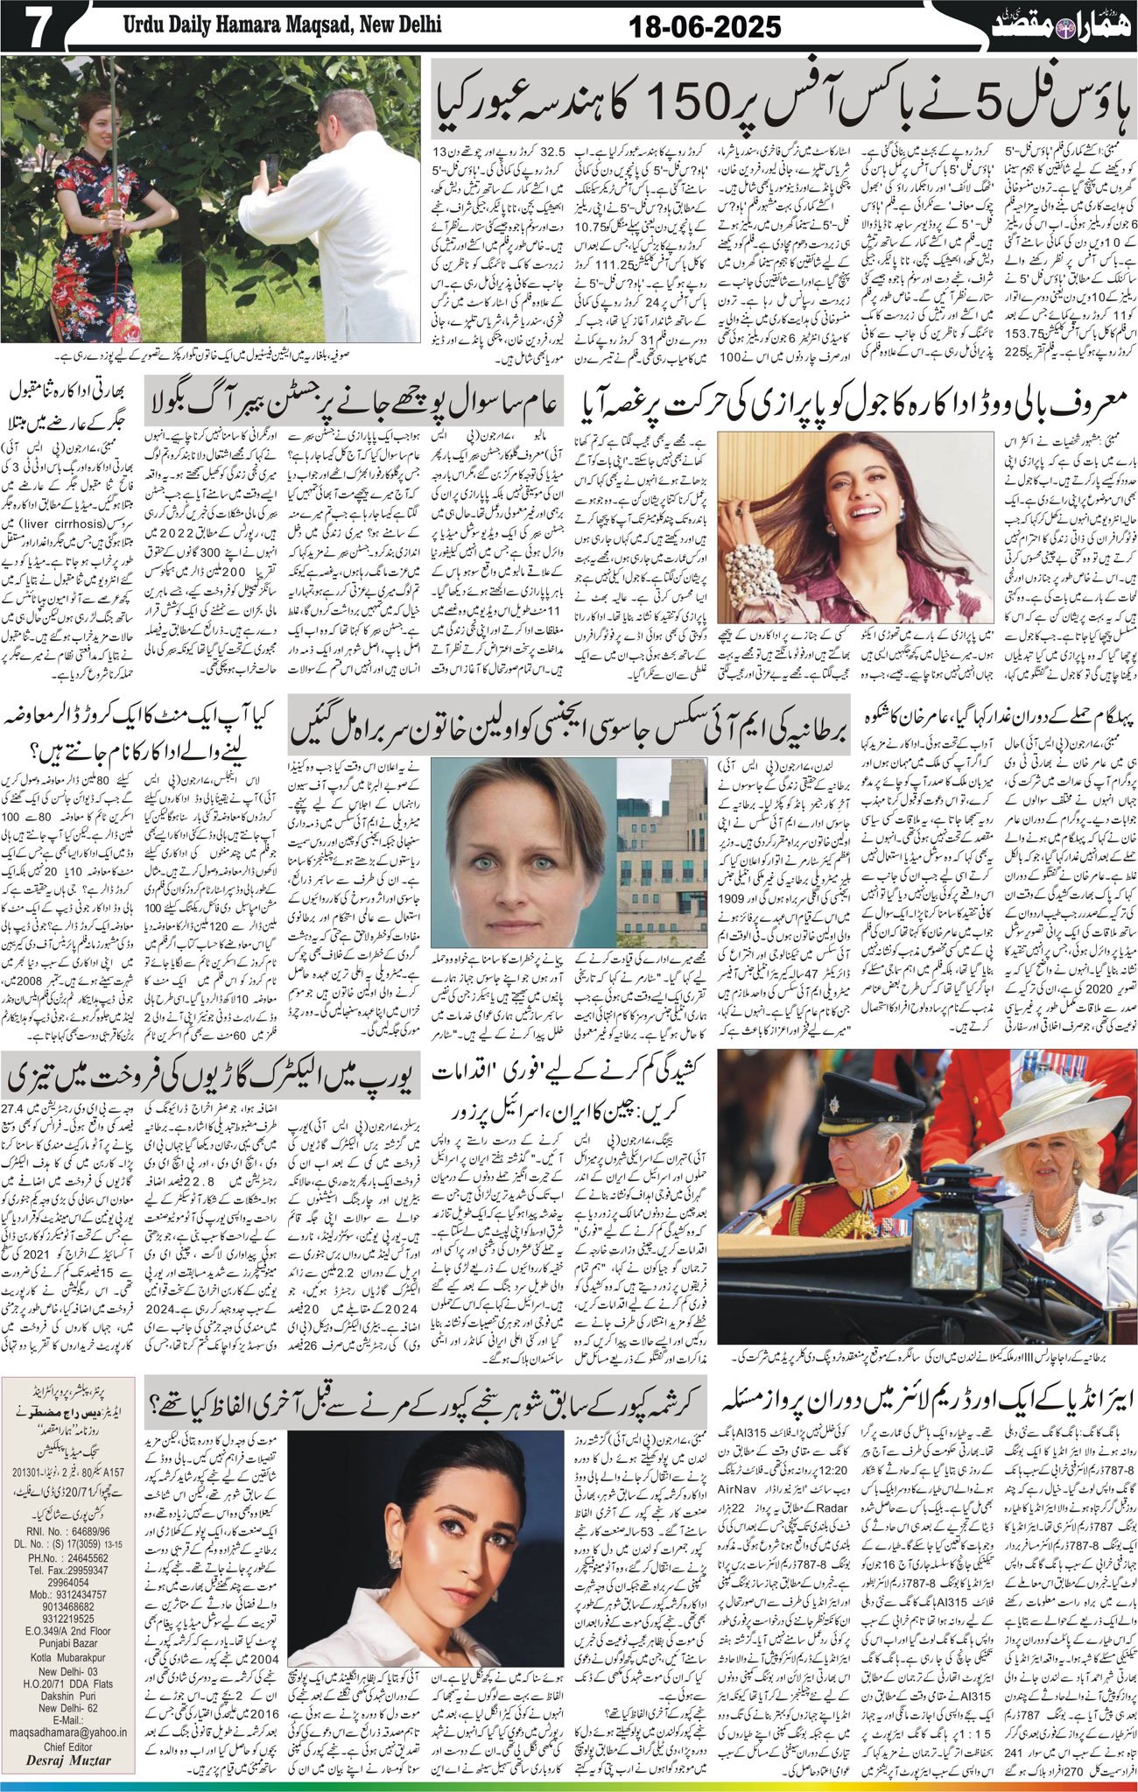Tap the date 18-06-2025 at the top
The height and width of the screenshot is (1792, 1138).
point(706,28)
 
